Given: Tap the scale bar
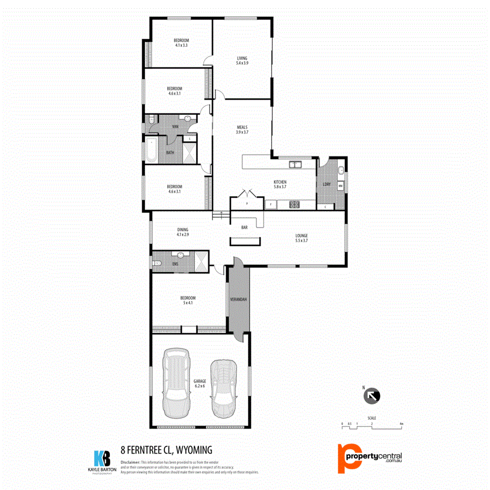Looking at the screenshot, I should tap(372, 427).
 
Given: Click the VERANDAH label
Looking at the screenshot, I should tap(239, 300).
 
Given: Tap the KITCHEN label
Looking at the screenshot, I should tap(280, 182).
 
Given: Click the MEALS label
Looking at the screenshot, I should tap(242, 128).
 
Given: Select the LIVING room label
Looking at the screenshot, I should tap(242, 59).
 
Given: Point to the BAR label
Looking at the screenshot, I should tap(244, 228).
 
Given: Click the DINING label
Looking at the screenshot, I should tap(182, 230).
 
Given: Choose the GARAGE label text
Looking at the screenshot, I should tap(199, 382).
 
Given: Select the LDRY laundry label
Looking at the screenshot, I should tap(327, 184).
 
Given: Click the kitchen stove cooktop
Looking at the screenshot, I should tap(294, 205).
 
